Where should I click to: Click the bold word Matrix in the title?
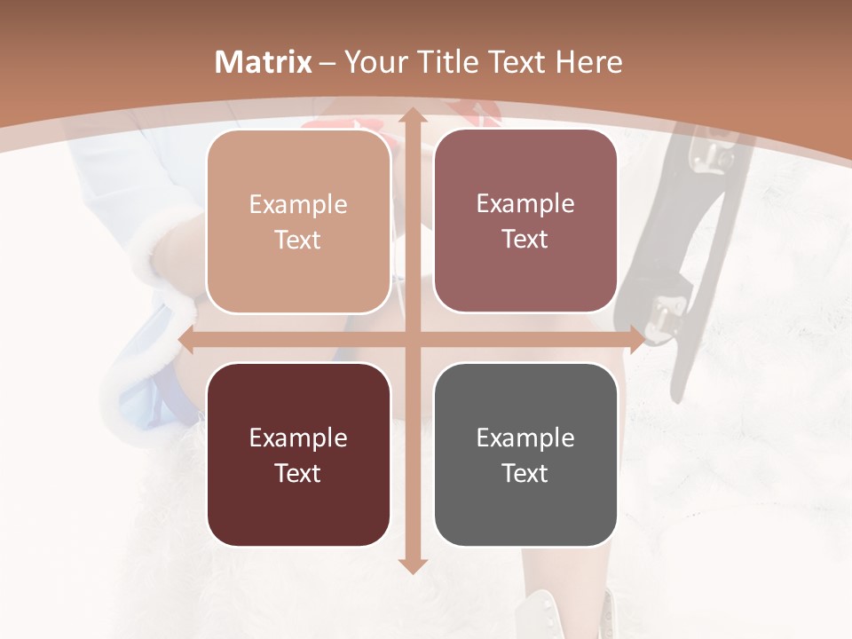tap(264, 62)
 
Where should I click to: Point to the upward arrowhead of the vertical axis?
tap(411, 116)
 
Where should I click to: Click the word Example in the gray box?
tap(525, 438)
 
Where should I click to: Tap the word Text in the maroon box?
tap(298, 473)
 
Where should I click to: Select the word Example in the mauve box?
tap(525, 204)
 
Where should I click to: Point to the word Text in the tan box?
tap(298, 240)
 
